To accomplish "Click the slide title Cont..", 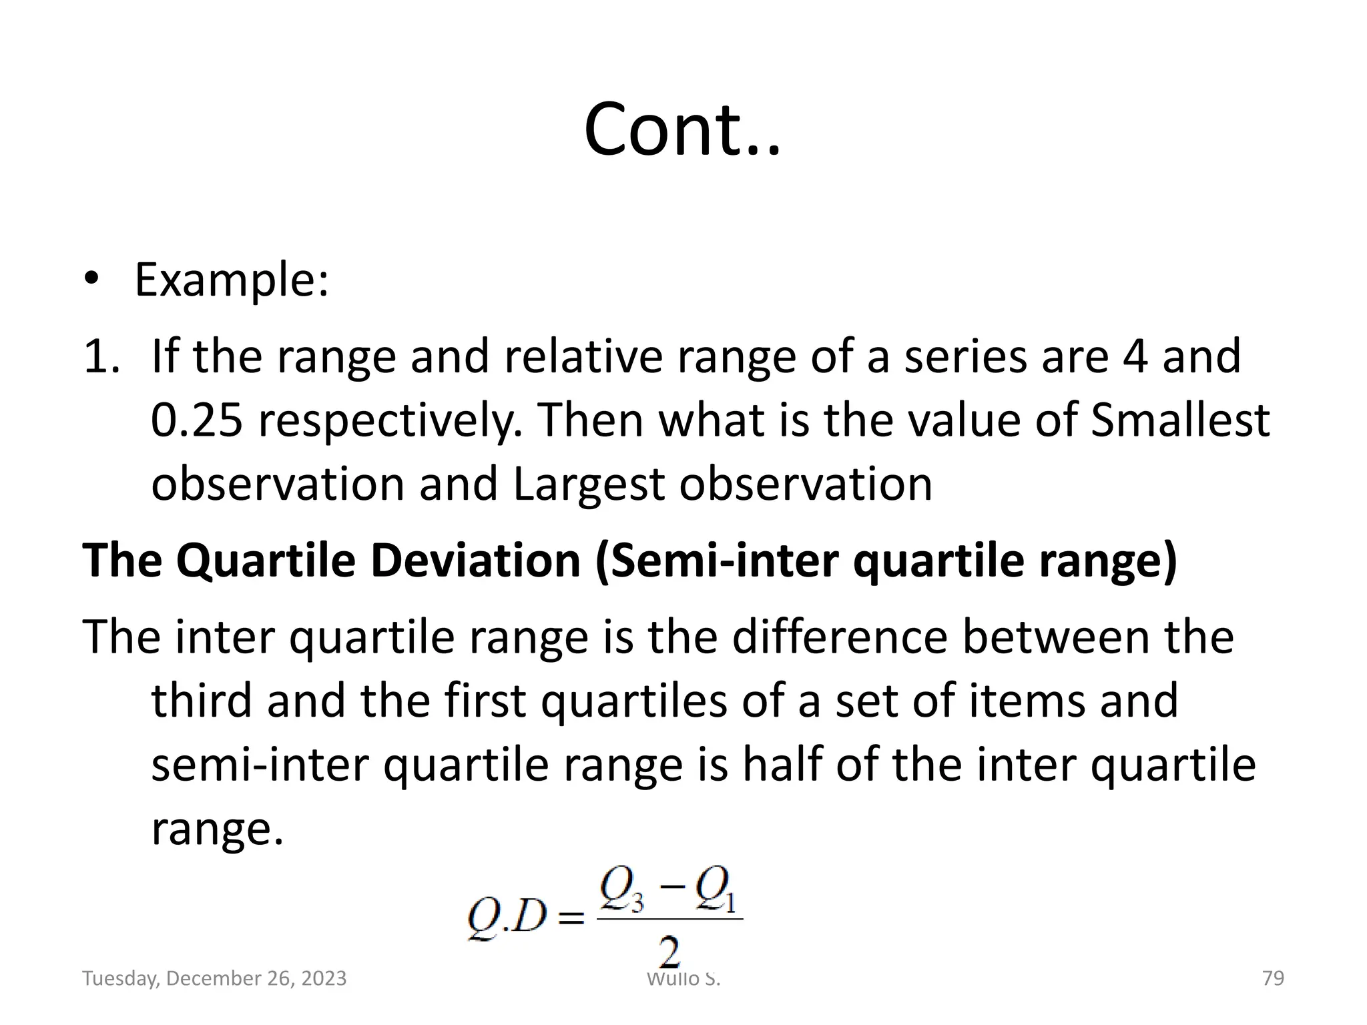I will tap(681, 129).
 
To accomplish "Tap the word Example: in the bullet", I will tap(232, 280).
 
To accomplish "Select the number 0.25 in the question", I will tap(197, 420).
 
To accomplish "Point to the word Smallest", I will tap(1179, 420).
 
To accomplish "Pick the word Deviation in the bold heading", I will tap(475, 561).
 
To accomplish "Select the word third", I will tap(202, 701).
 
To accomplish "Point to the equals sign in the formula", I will tap(571, 920).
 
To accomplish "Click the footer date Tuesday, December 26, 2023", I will tap(214, 978).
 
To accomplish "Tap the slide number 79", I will tap(1273, 978).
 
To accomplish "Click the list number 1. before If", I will tap(101, 356).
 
